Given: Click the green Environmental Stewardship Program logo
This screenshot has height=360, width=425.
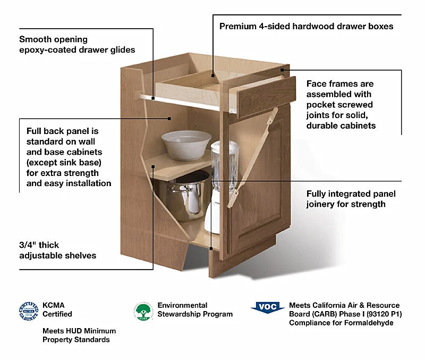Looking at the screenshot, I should tap(143, 312).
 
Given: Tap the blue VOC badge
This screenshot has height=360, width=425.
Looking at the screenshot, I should tap(267, 307).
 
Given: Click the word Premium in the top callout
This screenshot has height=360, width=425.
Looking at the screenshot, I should tap(237, 26).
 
